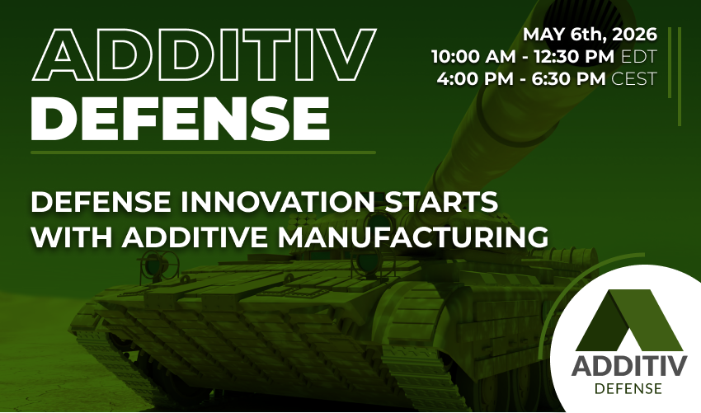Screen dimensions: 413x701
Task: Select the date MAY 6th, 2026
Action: tap(590, 35)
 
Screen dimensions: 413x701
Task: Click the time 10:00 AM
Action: tap(468, 58)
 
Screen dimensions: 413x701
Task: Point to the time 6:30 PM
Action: tap(563, 80)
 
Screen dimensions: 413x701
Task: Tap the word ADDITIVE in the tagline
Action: tap(204, 237)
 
